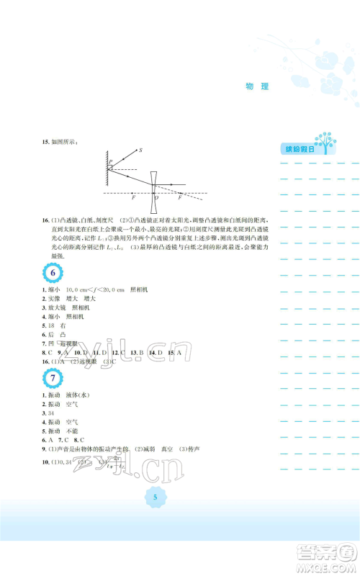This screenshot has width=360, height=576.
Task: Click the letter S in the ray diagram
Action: pos(140,150)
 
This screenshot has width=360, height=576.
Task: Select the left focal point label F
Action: pos(133,197)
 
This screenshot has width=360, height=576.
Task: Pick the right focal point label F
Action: pos(179,197)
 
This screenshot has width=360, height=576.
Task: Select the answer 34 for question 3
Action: pos(50,413)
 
